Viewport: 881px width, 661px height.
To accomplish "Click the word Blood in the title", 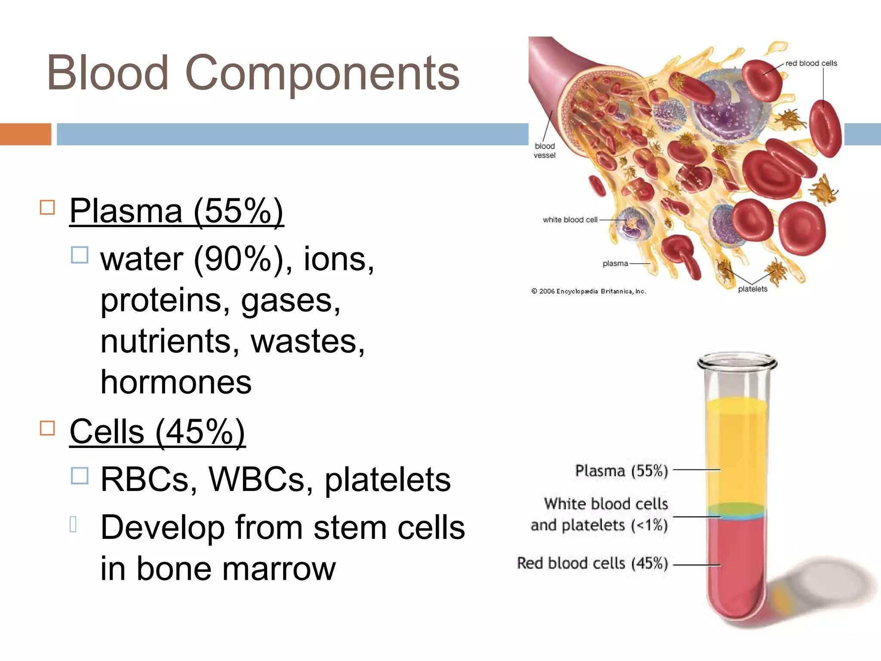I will [x=108, y=73].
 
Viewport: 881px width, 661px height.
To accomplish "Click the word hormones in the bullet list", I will [x=176, y=382].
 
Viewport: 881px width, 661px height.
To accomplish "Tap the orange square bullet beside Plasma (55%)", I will [x=47, y=207].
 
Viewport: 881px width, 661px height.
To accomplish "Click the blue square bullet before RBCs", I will [x=80, y=476].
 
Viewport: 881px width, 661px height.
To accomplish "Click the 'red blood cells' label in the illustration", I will [x=811, y=63].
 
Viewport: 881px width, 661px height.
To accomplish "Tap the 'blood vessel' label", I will [x=545, y=151].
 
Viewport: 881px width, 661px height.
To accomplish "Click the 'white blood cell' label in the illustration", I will [x=570, y=220].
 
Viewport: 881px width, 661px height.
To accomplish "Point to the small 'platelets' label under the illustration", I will [x=752, y=289].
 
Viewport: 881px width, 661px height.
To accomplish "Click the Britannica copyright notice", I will [x=588, y=291].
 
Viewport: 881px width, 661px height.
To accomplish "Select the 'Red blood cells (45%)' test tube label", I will [x=592, y=563].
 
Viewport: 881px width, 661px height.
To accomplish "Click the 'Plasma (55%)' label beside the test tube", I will [x=621, y=471].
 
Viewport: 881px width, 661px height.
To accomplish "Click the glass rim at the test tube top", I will [x=736, y=361].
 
